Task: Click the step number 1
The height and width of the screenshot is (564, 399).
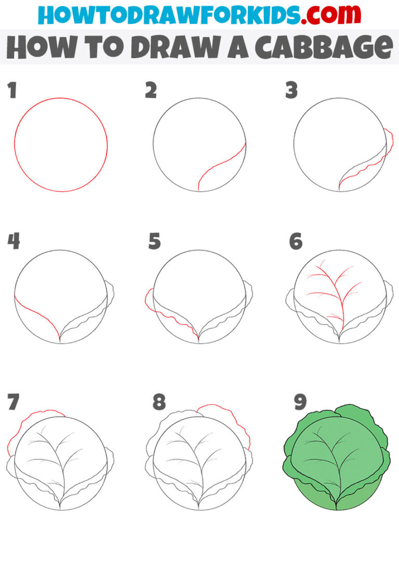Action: click(12, 91)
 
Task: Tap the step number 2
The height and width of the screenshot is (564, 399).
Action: click(151, 91)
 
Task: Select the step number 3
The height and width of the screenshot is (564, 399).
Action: click(291, 91)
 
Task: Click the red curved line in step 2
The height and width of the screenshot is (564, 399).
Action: click(218, 166)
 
